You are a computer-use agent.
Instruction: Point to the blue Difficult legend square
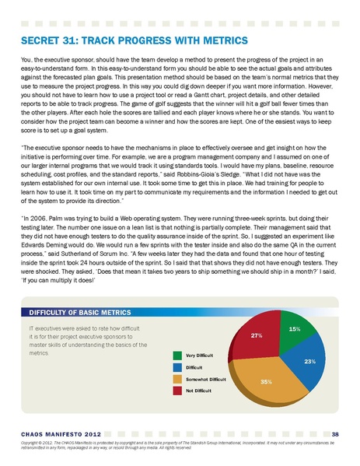coord(178,367)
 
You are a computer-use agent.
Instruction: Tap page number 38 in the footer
coord(335,433)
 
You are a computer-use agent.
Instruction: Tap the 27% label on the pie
coord(255,335)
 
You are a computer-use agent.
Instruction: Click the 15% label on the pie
coord(295,329)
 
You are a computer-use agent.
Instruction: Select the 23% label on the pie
coord(309,362)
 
